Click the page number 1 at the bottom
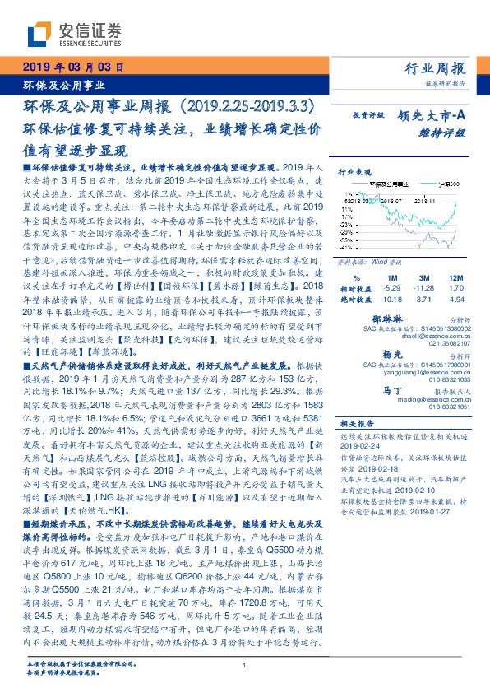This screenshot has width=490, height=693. (x=245, y=665)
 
